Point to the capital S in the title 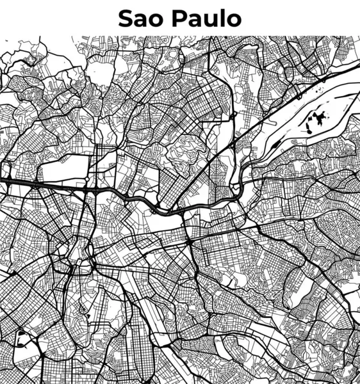[x=125, y=18]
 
